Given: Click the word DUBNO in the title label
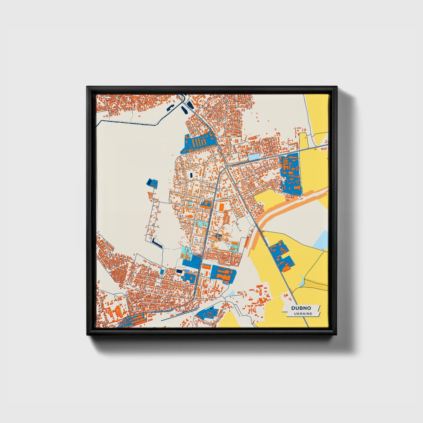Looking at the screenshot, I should [301, 308].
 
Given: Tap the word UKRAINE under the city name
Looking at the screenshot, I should [303, 314].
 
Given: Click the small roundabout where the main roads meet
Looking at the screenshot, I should [227, 167].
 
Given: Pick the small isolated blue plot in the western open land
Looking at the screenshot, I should [152, 183].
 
